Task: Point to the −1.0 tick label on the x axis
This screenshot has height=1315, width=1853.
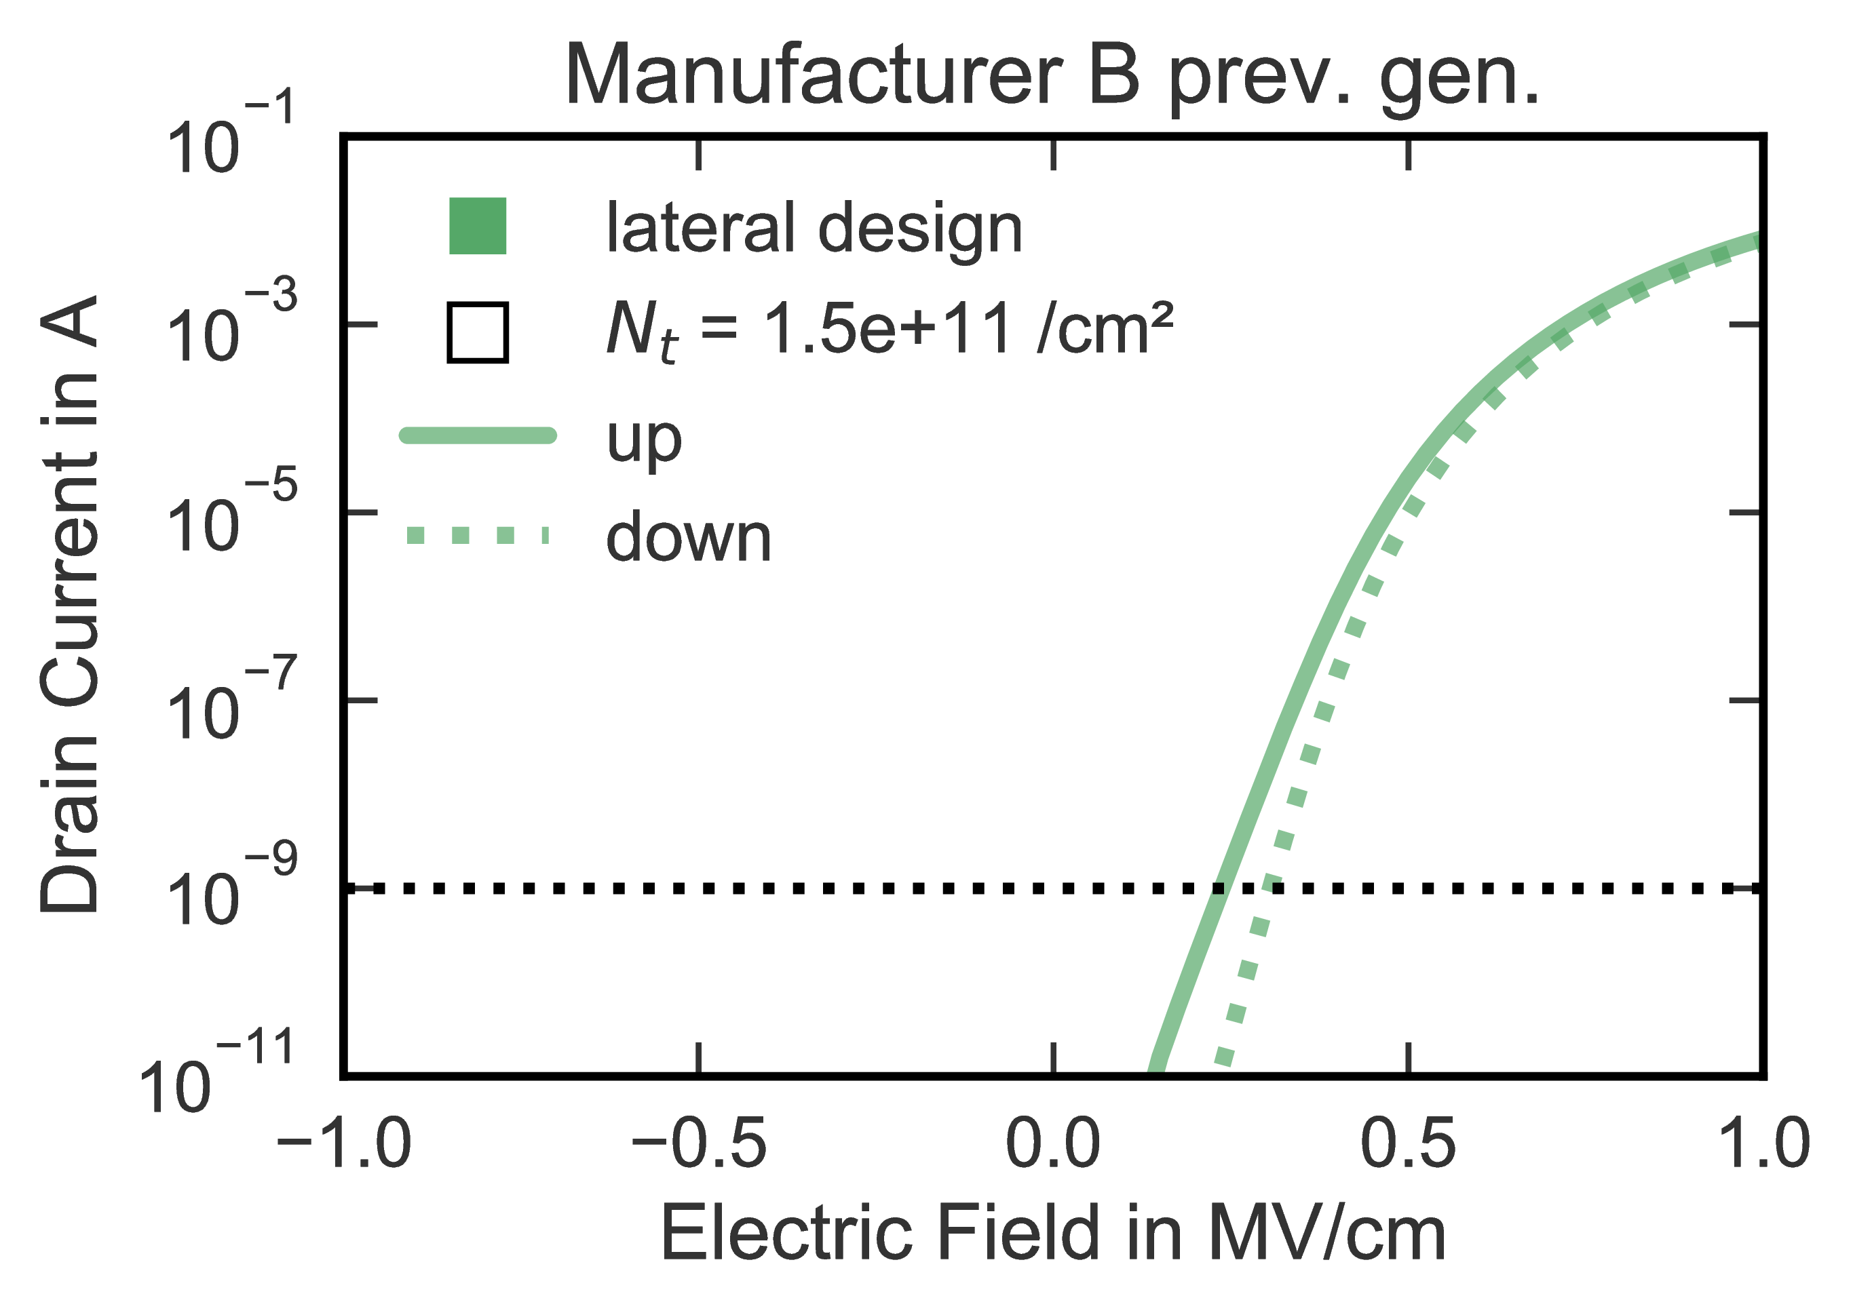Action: click(x=344, y=1145)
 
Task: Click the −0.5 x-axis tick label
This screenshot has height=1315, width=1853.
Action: click(x=699, y=1145)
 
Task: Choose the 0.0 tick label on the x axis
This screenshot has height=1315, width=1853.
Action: click(x=1053, y=1145)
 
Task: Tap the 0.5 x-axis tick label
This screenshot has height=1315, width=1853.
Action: click(x=1409, y=1145)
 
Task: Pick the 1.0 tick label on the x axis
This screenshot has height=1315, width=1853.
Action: click(x=1762, y=1145)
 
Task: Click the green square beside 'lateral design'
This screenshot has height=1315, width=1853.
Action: click(x=478, y=226)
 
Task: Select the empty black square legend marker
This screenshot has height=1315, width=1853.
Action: click(x=478, y=332)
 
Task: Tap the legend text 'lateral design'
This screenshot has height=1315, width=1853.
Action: click(x=814, y=229)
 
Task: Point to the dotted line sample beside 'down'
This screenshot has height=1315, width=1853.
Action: click(x=478, y=535)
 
